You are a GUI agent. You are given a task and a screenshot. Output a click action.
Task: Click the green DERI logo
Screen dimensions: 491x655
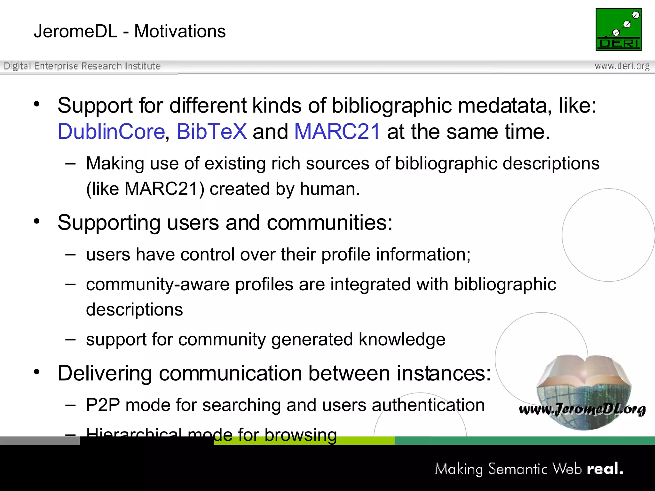(619, 29)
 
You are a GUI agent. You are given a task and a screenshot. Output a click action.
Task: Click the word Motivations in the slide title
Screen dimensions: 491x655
(180, 31)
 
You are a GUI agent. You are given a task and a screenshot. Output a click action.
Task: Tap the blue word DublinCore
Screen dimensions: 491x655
(111, 131)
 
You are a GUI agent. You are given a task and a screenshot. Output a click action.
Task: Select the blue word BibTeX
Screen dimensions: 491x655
(211, 131)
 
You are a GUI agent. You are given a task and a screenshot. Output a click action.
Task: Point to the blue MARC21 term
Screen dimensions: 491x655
(337, 131)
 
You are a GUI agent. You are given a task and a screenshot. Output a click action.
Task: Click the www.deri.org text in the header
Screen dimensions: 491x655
(622, 66)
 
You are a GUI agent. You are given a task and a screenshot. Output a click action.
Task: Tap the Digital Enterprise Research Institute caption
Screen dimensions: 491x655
(82, 66)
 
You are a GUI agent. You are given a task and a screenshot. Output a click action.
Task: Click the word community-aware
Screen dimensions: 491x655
(158, 284)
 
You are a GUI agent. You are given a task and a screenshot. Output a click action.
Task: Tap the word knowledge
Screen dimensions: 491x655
(402, 339)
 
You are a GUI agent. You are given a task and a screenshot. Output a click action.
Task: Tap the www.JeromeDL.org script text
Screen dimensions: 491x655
(582, 409)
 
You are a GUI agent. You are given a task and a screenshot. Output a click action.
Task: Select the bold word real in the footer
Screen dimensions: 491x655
(604, 469)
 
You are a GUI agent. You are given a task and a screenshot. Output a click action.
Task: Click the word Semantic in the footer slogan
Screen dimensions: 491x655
(518, 469)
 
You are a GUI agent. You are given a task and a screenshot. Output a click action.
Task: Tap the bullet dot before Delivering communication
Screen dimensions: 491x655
(37, 371)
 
